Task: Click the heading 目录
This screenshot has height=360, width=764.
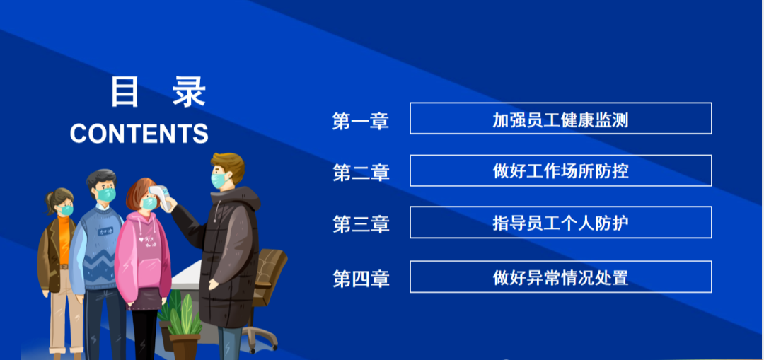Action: [158, 91]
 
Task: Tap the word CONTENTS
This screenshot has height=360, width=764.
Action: [139, 133]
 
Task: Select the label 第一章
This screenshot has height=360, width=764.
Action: [361, 121]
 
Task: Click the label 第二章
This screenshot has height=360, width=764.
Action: [361, 173]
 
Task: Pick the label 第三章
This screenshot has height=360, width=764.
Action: [361, 224]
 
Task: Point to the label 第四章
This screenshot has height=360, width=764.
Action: [361, 279]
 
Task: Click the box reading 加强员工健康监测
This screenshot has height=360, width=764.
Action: [561, 118]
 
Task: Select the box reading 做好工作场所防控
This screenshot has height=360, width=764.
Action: [561, 170]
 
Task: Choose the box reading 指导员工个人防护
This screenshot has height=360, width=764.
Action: [561, 222]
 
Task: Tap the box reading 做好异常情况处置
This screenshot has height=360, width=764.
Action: [561, 277]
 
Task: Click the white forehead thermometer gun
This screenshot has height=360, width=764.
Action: [161, 197]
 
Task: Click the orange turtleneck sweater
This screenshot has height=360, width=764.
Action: [64, 238]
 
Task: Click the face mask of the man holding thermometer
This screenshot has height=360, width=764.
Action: [220, 180]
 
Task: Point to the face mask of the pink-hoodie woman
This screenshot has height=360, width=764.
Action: [149, 203]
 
